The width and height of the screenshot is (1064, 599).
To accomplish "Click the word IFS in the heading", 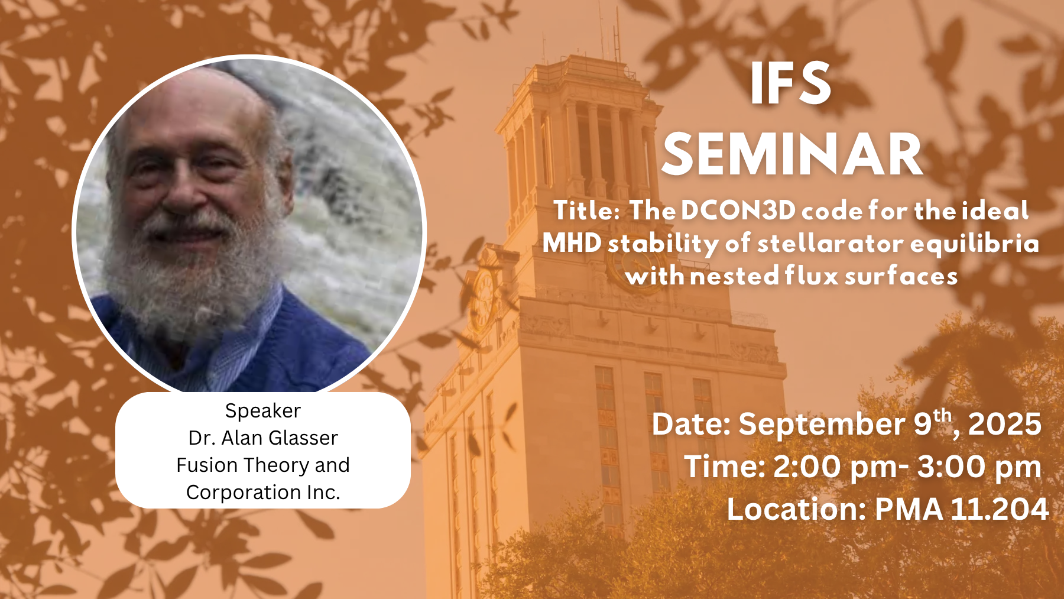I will (x=791, y=85).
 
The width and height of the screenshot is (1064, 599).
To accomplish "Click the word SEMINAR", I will (x=792, y=155).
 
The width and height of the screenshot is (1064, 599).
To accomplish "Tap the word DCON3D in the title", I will (x=738, y=211).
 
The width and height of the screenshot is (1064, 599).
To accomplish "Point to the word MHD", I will (x=572, y=243).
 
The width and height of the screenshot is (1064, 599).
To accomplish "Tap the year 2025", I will (x=1004, y=425).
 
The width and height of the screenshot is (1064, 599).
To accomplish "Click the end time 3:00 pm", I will (x=979, y=467).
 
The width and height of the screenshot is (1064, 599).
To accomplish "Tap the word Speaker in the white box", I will (x=263, y=411).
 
